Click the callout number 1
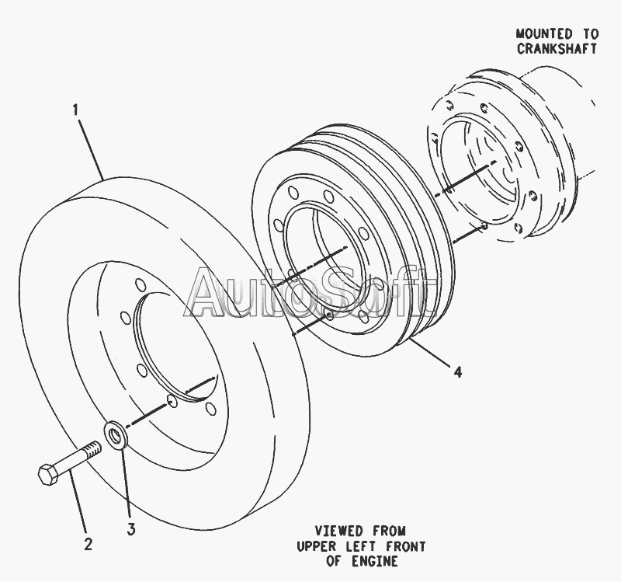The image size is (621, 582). click(75, 111)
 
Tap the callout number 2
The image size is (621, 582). click(88, 544)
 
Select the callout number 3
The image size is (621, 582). click(131, 530)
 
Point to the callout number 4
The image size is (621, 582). click(458, 372)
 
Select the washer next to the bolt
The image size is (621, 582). click(116, 434)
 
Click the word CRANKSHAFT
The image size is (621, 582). click(557, 48)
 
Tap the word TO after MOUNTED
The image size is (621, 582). click(588, 34)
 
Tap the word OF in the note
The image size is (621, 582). click(336, 560)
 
